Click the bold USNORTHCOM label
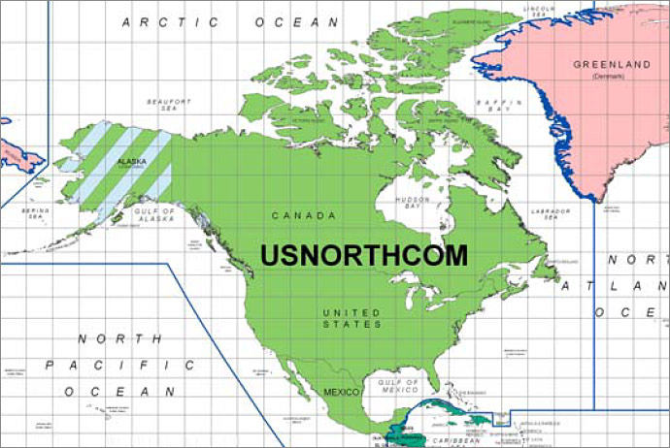coord(363,255)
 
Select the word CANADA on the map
coord(304,215)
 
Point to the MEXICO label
coord(341,392)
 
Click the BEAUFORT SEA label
coord(163,105)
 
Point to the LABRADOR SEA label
coord(550,214)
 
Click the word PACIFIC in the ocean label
coord(119,366)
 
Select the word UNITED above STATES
coord(352,312)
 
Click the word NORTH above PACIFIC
coord(119,338)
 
